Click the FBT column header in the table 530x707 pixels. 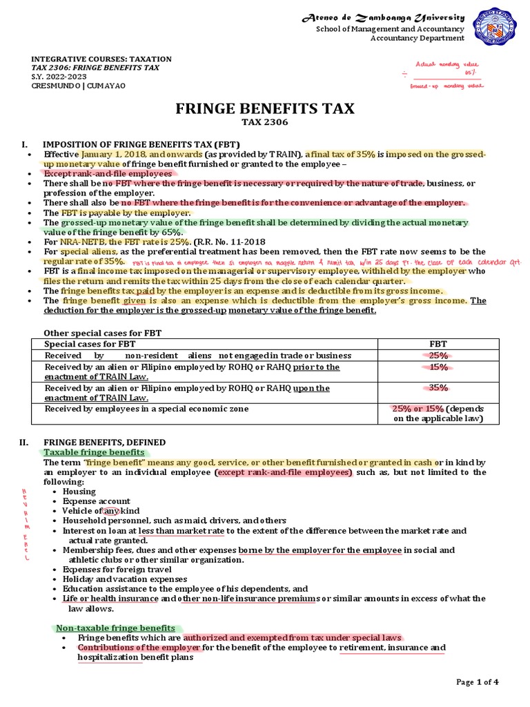pos(438,343)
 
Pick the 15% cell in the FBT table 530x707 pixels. pos(438,367)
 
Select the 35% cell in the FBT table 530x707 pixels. pos(438,388)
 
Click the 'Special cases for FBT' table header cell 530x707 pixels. pos(90,343)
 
